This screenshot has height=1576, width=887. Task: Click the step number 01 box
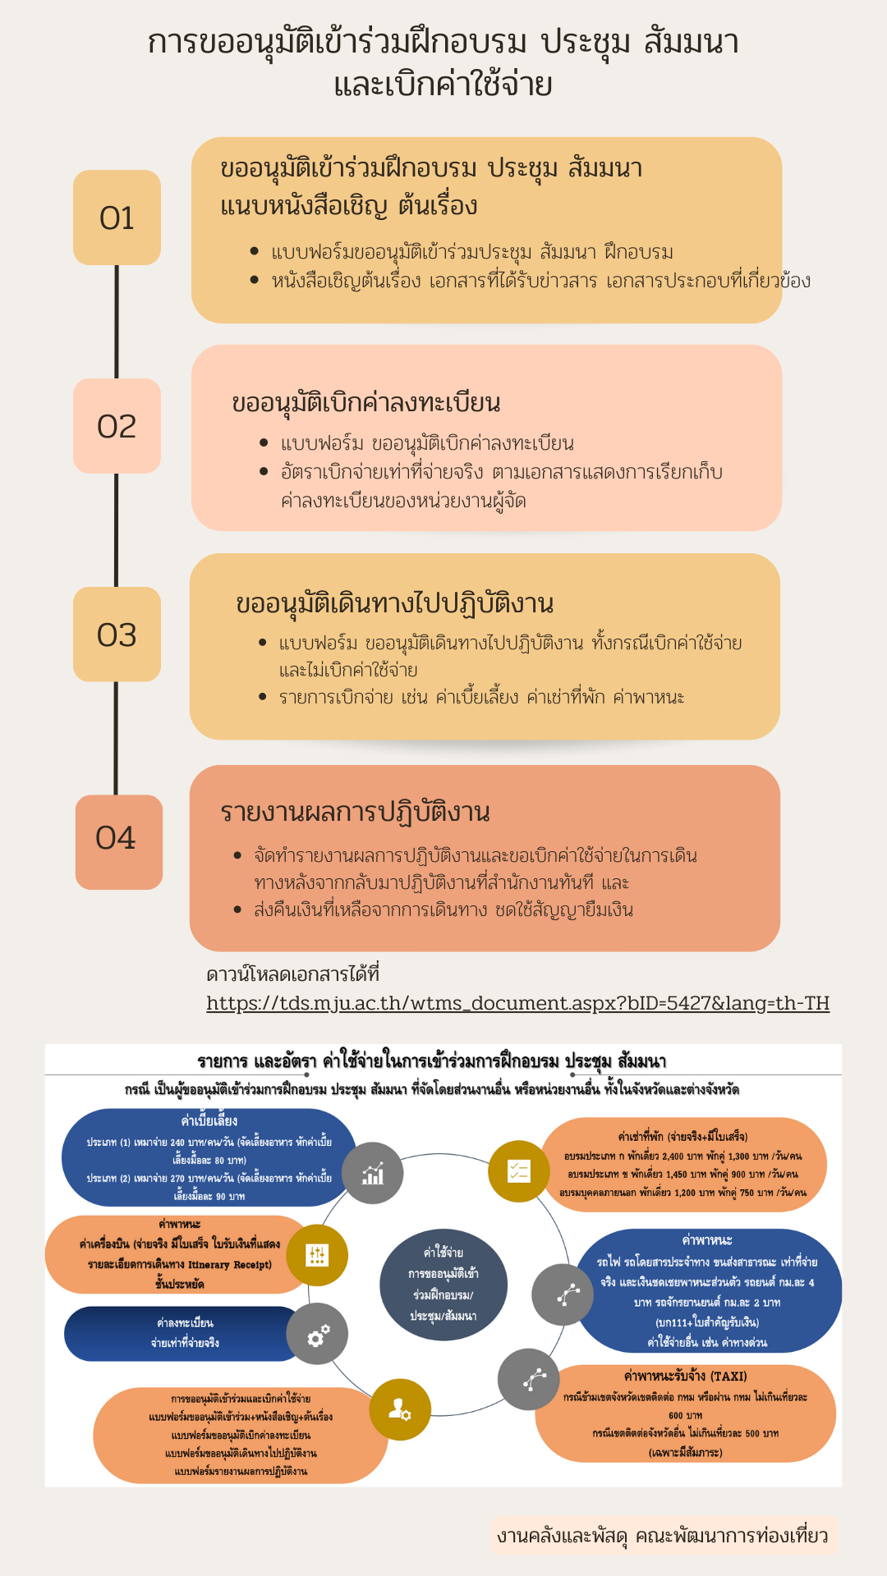[117, 218]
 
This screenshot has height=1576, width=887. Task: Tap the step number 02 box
[117, 426]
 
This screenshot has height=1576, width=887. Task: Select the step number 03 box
[117, 635]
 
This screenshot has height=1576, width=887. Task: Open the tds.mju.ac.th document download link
[517, 1003]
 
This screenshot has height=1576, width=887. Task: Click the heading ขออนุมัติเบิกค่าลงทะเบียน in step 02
[366, 403]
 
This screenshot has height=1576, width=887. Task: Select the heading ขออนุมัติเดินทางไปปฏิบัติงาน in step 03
[394, 603]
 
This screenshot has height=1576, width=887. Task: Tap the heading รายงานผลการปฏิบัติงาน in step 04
[355, 812]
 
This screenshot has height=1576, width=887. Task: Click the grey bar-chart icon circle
[373, 1173]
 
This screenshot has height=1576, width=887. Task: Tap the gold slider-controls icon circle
[317, 1255]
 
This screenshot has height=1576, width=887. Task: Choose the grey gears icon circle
[318, 1334]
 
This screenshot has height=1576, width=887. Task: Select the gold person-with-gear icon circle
[400, 1409]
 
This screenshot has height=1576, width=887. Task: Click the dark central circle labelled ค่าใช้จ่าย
[443, 1284]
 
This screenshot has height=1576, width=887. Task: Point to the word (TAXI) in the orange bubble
[728, 1376]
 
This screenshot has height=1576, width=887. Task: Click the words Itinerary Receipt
[229, 1265]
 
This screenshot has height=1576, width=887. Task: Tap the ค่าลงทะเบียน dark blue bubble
[185, 1333]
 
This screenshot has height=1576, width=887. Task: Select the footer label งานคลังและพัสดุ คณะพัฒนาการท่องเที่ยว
[662, 1536]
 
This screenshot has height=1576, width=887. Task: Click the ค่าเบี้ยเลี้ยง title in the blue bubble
[209, 1121]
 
